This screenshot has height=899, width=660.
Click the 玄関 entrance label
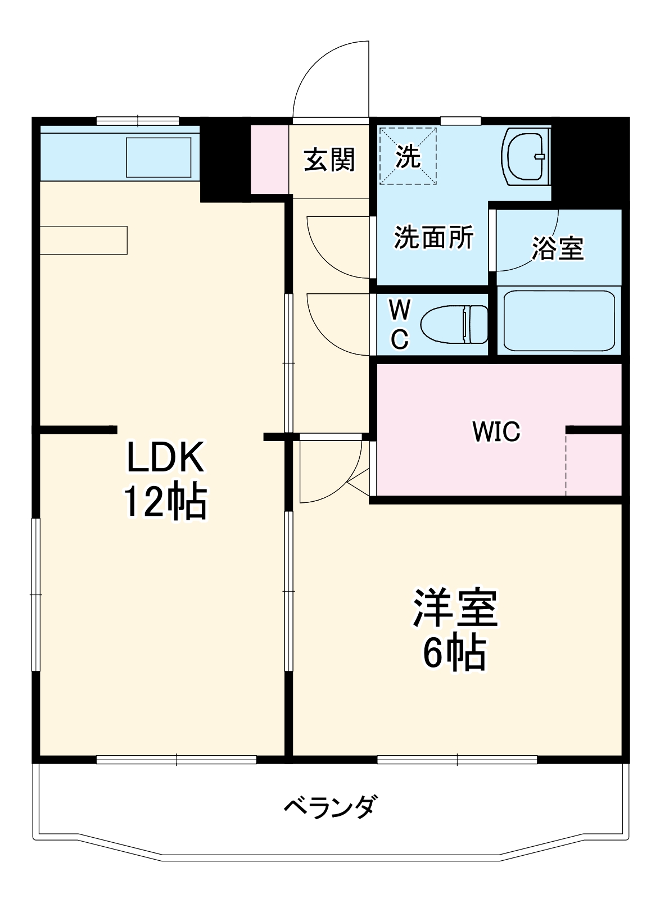point(330,160)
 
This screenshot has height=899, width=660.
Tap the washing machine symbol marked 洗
point(408,156)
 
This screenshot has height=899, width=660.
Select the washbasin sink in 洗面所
point(526,156)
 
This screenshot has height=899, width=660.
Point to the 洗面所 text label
point(433,238)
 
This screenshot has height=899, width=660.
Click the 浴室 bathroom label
point(558,248)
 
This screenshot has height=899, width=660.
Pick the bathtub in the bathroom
point(559,320)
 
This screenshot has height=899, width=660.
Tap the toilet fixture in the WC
point(454,324)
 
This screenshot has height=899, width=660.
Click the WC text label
point(400,324)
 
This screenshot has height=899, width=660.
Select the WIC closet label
point(496,432)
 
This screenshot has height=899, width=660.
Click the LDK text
point(164,456)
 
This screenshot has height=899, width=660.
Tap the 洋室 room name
point(455,609)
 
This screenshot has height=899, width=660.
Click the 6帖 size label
point(454,653)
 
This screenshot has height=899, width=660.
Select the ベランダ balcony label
point(330,808)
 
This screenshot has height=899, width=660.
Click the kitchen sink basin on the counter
point(159,157)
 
